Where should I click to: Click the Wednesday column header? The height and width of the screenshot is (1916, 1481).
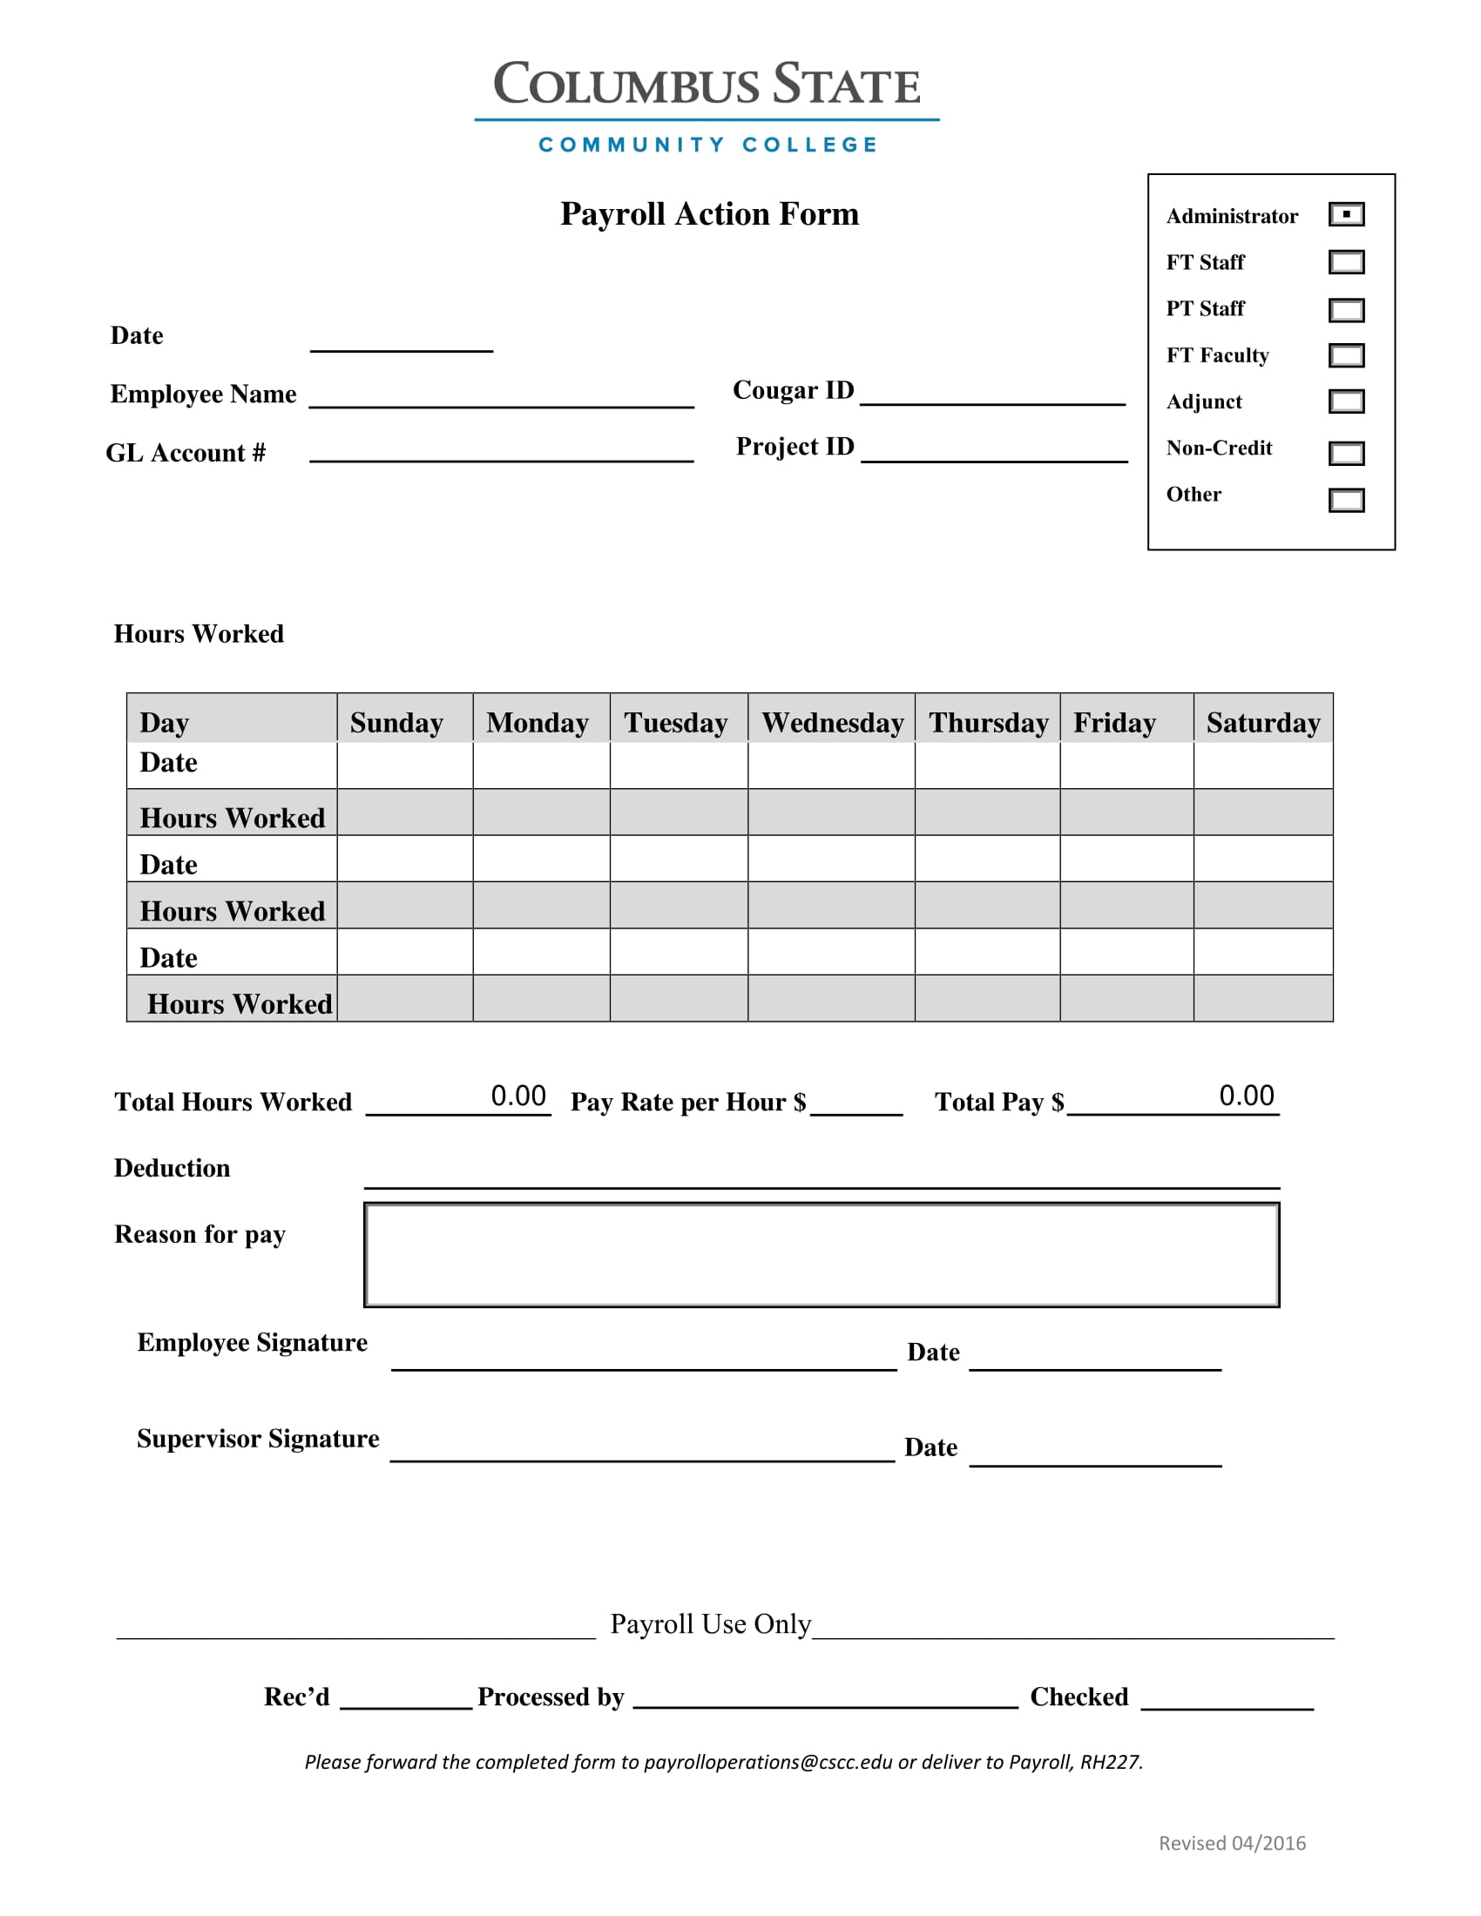tap(831, 722)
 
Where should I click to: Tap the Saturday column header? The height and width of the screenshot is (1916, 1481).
tap(1262, 722)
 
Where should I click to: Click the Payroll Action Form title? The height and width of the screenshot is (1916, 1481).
tap(709, 214)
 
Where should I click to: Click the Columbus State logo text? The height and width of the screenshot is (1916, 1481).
tap(707, 85)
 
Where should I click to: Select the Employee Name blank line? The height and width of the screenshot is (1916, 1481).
tap(501, 395)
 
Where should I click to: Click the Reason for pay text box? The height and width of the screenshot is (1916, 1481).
tap(822, 1254)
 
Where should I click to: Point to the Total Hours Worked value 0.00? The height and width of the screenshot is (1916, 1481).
tap(517, 1096)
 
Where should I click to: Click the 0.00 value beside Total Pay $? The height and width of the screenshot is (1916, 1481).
tap(1246, 1096)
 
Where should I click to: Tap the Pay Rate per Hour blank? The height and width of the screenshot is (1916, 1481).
tap(856, 1103)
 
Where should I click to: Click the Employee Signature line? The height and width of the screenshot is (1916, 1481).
tap(643, 1358)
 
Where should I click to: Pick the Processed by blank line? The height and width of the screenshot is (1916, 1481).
tap(825, 1697)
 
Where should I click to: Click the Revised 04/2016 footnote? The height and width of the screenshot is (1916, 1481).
tap(1232, 1843)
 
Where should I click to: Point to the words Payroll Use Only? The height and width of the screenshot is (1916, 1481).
tap(710, 1624)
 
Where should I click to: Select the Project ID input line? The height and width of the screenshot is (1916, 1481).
tap(994, 450)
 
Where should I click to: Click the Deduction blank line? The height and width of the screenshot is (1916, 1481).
tap(822, 1177)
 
